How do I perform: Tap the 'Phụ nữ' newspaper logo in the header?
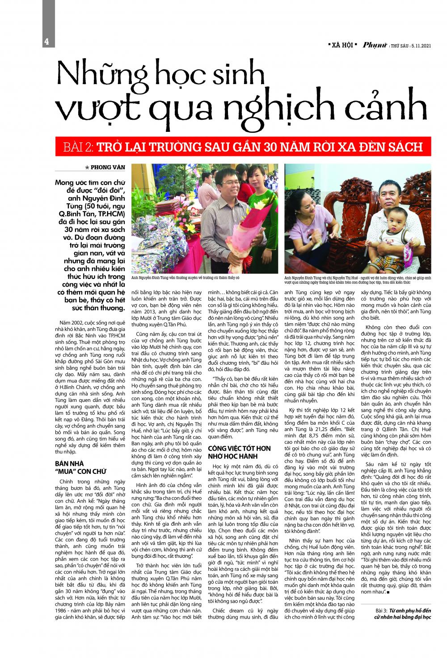(375, 44)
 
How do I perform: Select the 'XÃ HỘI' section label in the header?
(341, 45)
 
